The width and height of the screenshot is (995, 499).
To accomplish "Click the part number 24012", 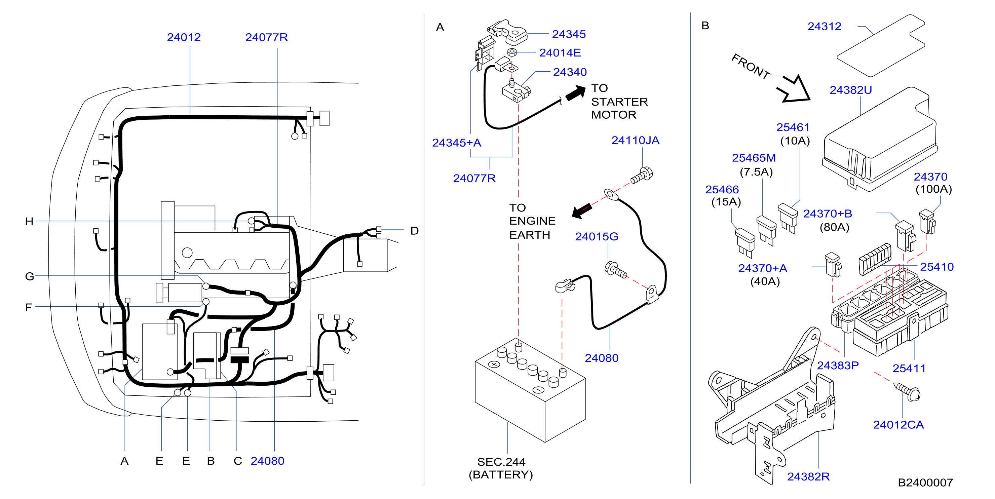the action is (184, 37).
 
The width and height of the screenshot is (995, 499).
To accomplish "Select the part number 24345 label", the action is (569, 34).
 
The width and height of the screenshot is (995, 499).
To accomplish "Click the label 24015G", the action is (597, 236).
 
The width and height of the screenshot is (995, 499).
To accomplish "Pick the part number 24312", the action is (824, 26).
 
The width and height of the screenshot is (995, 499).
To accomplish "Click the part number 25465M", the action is (754, 158).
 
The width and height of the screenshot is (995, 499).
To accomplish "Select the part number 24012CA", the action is (898, 425).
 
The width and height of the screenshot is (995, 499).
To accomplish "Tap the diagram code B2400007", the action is (925, 483).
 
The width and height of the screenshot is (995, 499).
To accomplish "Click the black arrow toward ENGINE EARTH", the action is (582, 211).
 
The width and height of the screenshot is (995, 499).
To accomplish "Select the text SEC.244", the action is (501, 462).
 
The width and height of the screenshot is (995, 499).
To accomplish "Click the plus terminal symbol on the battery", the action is (494, 364).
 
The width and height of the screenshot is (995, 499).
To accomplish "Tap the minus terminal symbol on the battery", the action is (538, 390).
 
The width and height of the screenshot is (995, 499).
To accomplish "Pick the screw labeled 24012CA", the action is (907, 392).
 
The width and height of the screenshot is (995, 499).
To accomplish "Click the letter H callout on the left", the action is (29, 221).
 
